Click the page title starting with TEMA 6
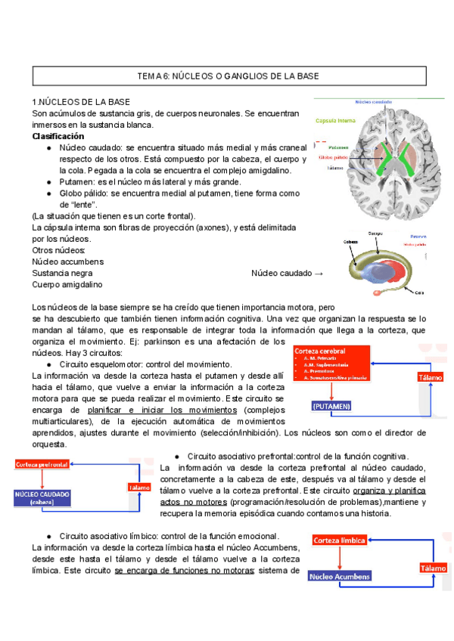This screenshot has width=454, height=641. [227, 76]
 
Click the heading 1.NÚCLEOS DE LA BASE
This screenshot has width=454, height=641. [81, 102]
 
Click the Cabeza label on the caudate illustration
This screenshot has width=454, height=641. [350, 242]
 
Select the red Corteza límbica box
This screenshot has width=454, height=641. [340, 540]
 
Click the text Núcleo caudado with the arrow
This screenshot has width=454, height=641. [287, 273]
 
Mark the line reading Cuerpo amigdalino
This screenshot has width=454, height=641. [67, 284]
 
